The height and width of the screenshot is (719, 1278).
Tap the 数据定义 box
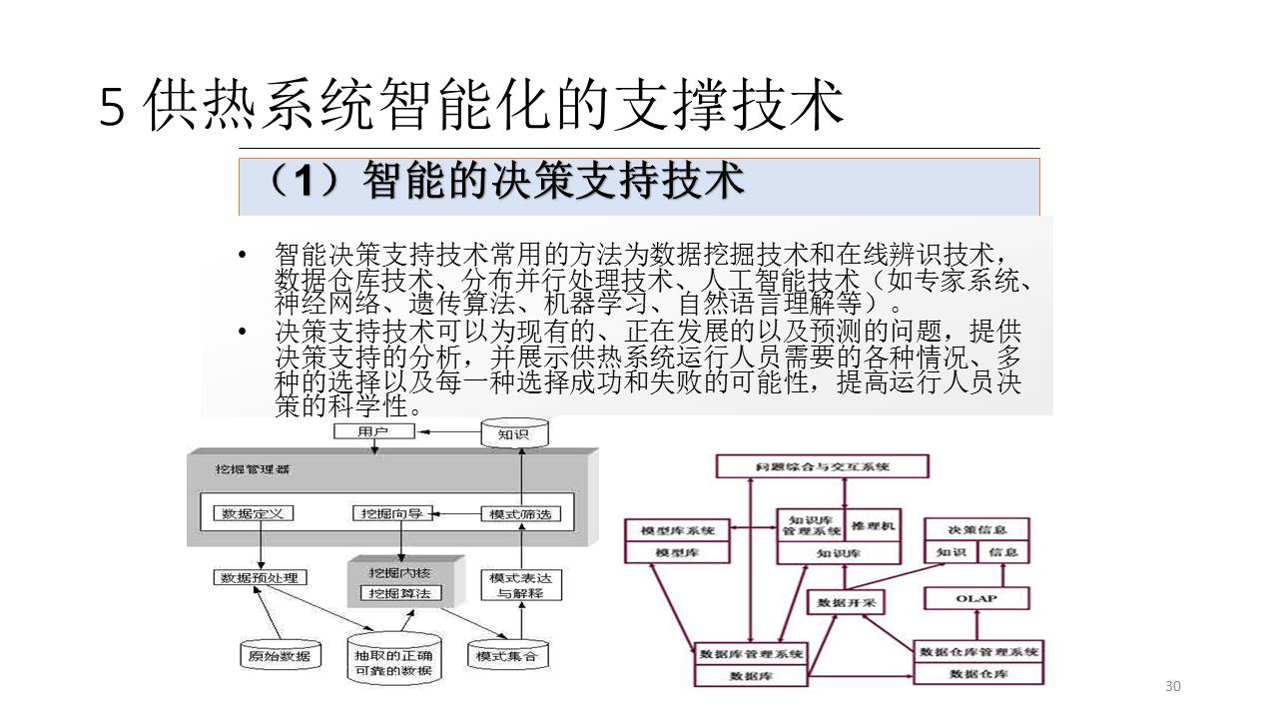tap(254, 513)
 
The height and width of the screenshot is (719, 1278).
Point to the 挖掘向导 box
tap(393, 513)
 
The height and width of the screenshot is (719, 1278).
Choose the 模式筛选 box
tap(520, 514)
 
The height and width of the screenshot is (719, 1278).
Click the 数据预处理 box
tap(261, 577)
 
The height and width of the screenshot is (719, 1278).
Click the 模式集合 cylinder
tap(506, 655)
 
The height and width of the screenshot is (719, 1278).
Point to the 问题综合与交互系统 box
tap(823, 466)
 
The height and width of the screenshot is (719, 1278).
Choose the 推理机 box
tap(874, 525)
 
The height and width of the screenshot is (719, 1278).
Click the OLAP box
tap(975, 598)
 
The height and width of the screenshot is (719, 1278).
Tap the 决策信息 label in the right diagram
tap(976, 529)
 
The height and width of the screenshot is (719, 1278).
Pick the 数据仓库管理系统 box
tap(978, 651)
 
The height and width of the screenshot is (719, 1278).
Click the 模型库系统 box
tap(676, 530)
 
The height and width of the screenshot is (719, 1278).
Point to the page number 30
tap(1172, 686)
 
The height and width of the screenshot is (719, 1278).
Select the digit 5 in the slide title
tap(113, 108)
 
